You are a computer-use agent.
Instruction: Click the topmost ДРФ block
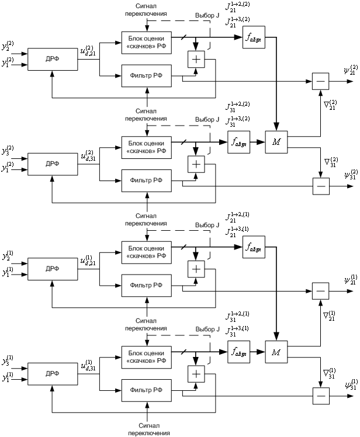click(52, 59)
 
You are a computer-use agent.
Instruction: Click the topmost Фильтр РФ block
click(146, 75)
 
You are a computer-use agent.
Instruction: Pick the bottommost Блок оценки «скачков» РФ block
click(146, 356)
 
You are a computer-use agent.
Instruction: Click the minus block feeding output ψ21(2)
click(320, 81)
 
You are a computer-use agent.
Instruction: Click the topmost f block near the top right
click(255, 37)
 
